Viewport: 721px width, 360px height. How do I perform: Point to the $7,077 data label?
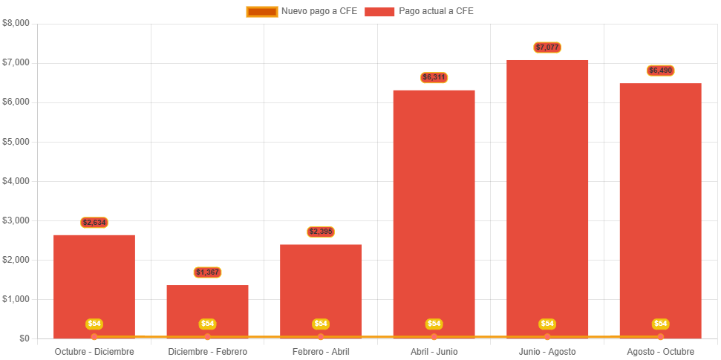pyautogui.click(x=547, y=48)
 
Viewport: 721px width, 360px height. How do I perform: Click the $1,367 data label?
pyautogui.click(x=207, y=272)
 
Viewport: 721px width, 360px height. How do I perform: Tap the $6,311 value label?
pyautogui.click(x=434, y=77)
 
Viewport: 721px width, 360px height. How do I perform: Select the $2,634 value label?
pyautogui.click(x=94, y=222)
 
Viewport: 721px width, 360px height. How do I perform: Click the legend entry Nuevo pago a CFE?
pyautogui.click(x=301, y=11)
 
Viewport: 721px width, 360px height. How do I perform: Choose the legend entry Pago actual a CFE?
pyautogui.click(x=419, y=11)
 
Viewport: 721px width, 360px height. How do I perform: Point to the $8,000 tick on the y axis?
pyautogui.click(x=16, y=23)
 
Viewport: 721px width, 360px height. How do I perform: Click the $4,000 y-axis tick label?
pyautogui.click(x=16, y=180)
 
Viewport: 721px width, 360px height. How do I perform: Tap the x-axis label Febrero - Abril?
pyautogui.click(x=321, y=351)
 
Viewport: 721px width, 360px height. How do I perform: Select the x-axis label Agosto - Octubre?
pyautogui.click(x=660, y=351)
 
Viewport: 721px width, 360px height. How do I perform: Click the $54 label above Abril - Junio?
pyautogui.click(x=434, y=324)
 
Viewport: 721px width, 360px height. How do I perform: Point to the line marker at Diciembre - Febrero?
pyautogui.click(x=207, y=337)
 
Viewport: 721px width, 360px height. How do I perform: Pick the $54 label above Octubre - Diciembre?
pyautogui.click(x=94, y=324)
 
